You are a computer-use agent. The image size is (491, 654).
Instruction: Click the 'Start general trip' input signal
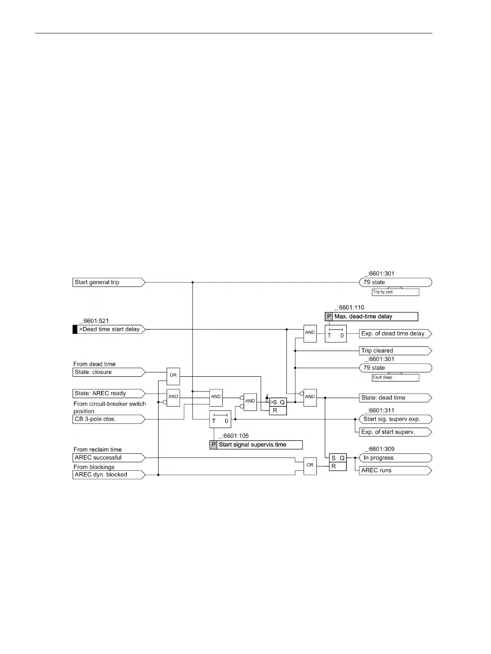(x=108, y=282)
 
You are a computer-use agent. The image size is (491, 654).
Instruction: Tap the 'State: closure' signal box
(x=108, y=372)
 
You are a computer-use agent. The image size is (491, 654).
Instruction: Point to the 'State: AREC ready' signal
(x=108, y=393)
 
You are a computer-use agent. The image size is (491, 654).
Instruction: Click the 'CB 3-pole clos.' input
(x=108, y=419)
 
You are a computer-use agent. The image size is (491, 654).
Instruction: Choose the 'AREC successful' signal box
(x=108, y=457)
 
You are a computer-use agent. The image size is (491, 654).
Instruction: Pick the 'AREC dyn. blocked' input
(x=108, y=475)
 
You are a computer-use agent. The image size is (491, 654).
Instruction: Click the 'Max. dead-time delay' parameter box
(x=371, y=316)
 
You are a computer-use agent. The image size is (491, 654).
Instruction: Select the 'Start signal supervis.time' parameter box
(x=256, y=445)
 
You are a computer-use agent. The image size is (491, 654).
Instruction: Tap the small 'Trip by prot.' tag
(x=395, y=292)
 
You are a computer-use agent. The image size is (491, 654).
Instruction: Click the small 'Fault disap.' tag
(x=395, y=377)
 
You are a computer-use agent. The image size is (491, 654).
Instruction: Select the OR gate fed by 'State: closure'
(x=173, y=375)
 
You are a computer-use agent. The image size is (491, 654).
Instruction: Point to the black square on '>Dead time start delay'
(x=75, y=329)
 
